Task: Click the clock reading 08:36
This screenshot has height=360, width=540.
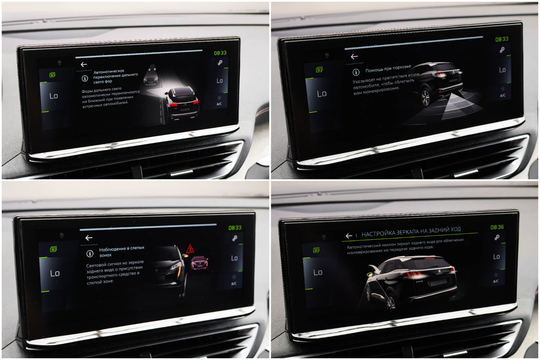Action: (497, 227)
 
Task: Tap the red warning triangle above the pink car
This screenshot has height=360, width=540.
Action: (190, 249)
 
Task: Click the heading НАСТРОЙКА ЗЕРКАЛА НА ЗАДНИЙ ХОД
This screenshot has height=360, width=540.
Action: (411, 232)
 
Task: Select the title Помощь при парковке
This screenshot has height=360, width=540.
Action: (388, 68)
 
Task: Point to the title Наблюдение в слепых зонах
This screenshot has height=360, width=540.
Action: (122, 251)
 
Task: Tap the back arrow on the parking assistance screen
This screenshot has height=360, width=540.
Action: (354, 56)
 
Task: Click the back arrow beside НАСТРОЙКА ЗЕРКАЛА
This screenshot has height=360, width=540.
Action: (349, 236)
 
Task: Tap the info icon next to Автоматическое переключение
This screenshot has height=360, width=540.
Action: (85, 78)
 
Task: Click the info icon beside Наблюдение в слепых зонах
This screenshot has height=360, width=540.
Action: (90, 253)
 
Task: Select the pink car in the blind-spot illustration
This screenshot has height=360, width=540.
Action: (199, 263)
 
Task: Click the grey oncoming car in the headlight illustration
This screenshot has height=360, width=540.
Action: (151, 75)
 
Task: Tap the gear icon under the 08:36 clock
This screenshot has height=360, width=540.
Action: (497, 238)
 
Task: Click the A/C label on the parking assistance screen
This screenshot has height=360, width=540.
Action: (502, 95)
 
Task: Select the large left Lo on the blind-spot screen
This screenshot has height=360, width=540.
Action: (55, 273)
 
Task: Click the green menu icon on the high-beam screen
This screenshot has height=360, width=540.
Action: (52, 75)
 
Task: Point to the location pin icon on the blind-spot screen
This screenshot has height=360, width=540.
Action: (62, 235)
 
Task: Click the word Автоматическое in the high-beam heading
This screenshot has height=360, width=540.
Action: (109, 72)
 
